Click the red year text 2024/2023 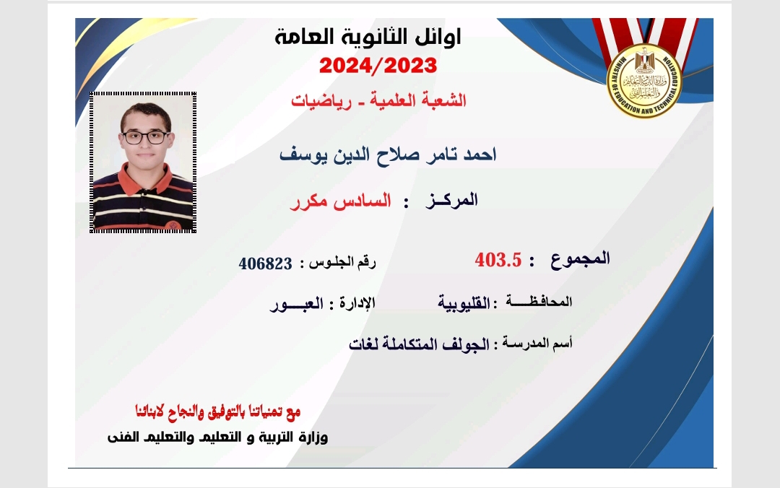click(378, 66)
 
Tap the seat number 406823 click(265, 263)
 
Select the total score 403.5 click(498, 260)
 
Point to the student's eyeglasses click(145, 137)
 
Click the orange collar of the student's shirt click(145, 180)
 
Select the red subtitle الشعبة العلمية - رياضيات click(378, 100)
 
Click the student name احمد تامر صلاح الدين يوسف click(388, 154)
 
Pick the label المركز click(451, 200)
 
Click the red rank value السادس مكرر click(341, 201)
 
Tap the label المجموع click(580, 259)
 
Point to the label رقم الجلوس click(342, 262)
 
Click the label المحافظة click(539, 301)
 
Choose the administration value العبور click(297, 303)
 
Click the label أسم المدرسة click(537, 343)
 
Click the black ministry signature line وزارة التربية click(218, 437)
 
